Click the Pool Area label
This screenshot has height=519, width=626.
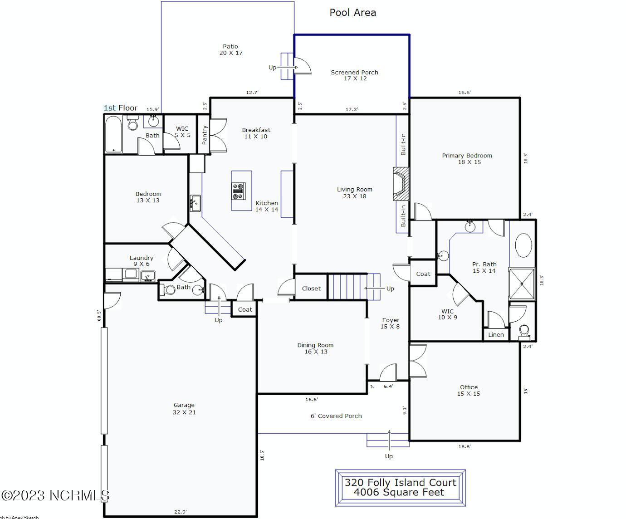pos(352,13)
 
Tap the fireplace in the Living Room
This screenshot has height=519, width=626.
pos(401,184)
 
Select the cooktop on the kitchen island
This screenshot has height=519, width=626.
pos(238,191)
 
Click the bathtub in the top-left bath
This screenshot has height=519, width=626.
pos(113,134)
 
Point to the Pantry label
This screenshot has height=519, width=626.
pos(205,135)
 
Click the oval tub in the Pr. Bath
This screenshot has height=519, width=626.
pos(523,247)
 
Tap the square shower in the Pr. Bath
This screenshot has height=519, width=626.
pos(522,284)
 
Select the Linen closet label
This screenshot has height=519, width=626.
pos(496,335)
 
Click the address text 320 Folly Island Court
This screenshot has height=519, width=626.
pos(400,483)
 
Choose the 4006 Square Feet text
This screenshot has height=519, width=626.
pos(399,493)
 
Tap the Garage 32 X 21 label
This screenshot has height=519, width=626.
pos(184,409)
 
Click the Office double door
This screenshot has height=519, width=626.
pos(417,361)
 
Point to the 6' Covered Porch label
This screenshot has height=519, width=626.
pos(336,416)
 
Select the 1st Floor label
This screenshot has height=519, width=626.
pos(120,108)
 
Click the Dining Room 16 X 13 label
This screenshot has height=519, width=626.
pos(315,348)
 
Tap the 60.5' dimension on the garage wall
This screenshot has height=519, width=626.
pos(98,315)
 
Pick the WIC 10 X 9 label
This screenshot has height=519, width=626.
pos(447,314)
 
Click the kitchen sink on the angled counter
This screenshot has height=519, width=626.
pos(195,203)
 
